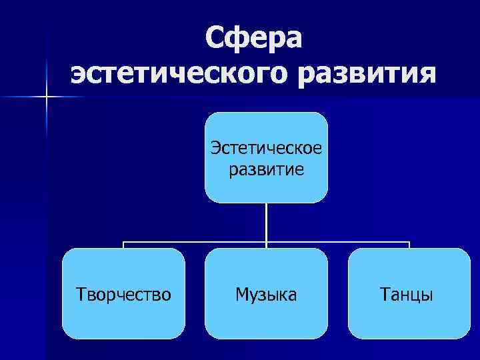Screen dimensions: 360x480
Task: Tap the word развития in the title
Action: (x=365, y=73)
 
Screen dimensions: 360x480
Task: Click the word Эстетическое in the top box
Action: (x=266, y=147)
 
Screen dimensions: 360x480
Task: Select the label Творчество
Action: (x=123, y=294)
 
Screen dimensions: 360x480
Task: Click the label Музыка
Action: (x=266, y=294)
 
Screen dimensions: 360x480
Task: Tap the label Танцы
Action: (x=406, y=294)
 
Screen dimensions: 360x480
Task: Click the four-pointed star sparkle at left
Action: (x=46, y=97)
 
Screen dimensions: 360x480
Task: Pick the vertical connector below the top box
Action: (x=266, y=221)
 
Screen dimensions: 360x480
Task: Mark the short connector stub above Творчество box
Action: (x=123, y=245)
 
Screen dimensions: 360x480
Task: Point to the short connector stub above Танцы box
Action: (x=409, y=245)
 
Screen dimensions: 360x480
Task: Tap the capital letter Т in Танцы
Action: (x=384, y=294)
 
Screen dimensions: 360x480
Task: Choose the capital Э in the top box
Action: (x=215, y=147)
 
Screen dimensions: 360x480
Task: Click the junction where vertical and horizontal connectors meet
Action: (x=266, y=242)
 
